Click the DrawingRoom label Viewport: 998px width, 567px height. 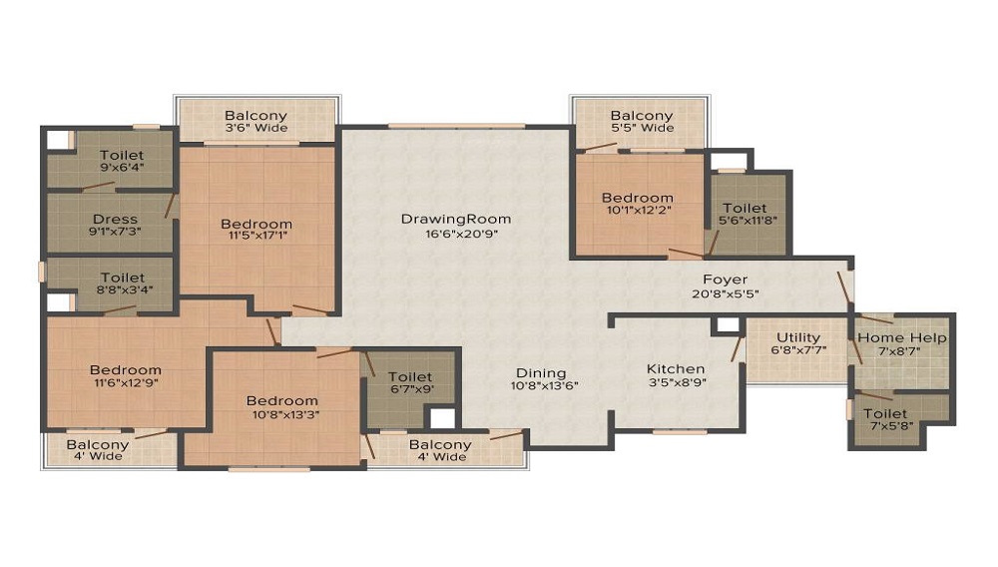[x=456, y=219]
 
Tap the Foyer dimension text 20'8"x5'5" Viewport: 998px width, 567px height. [x=725, y=294]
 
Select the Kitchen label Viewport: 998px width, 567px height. [x=676, y=369]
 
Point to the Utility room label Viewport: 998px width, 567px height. [x=798, y=338]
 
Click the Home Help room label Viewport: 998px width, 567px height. [x=902, y=338]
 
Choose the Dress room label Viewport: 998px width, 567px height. [x=115, y=220]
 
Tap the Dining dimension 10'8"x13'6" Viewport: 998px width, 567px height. [x=544, y=385]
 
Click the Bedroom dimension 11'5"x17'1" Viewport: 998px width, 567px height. [x=256, y=236]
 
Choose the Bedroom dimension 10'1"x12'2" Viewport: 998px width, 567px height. [x=637, y=209]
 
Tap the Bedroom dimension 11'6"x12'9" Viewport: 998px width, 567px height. [x=126, y=382]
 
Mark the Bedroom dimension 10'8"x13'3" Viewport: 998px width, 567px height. [x=282, y=413]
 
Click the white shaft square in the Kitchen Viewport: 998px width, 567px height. [x=728, y=325]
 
